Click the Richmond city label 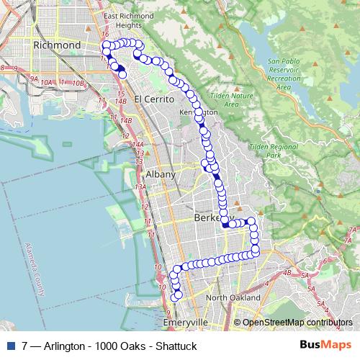(57, 45)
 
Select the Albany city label (160, 174)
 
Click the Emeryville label (186, 322)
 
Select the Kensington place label (199, 113)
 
